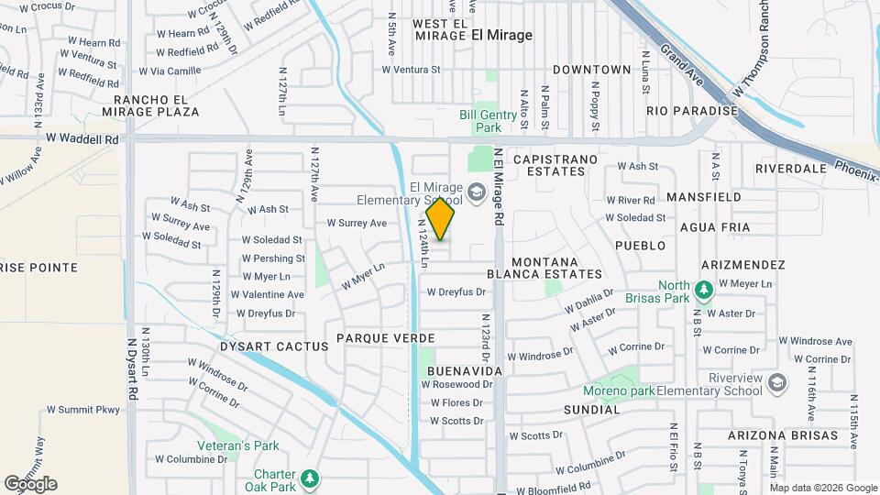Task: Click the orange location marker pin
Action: tap(441, 219)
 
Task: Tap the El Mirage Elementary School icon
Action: tap(476, 192)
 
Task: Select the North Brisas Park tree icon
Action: tap(703, 291)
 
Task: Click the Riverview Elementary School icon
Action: tap(777, 382)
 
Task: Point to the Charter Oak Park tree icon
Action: tap(311, 478)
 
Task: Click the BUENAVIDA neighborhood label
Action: tap(465, 370)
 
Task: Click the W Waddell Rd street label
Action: tap(82, 139)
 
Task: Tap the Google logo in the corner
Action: tap(29, 484)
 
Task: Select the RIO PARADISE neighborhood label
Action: tap(691, 111)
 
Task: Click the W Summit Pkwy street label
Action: tap(83, 410)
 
